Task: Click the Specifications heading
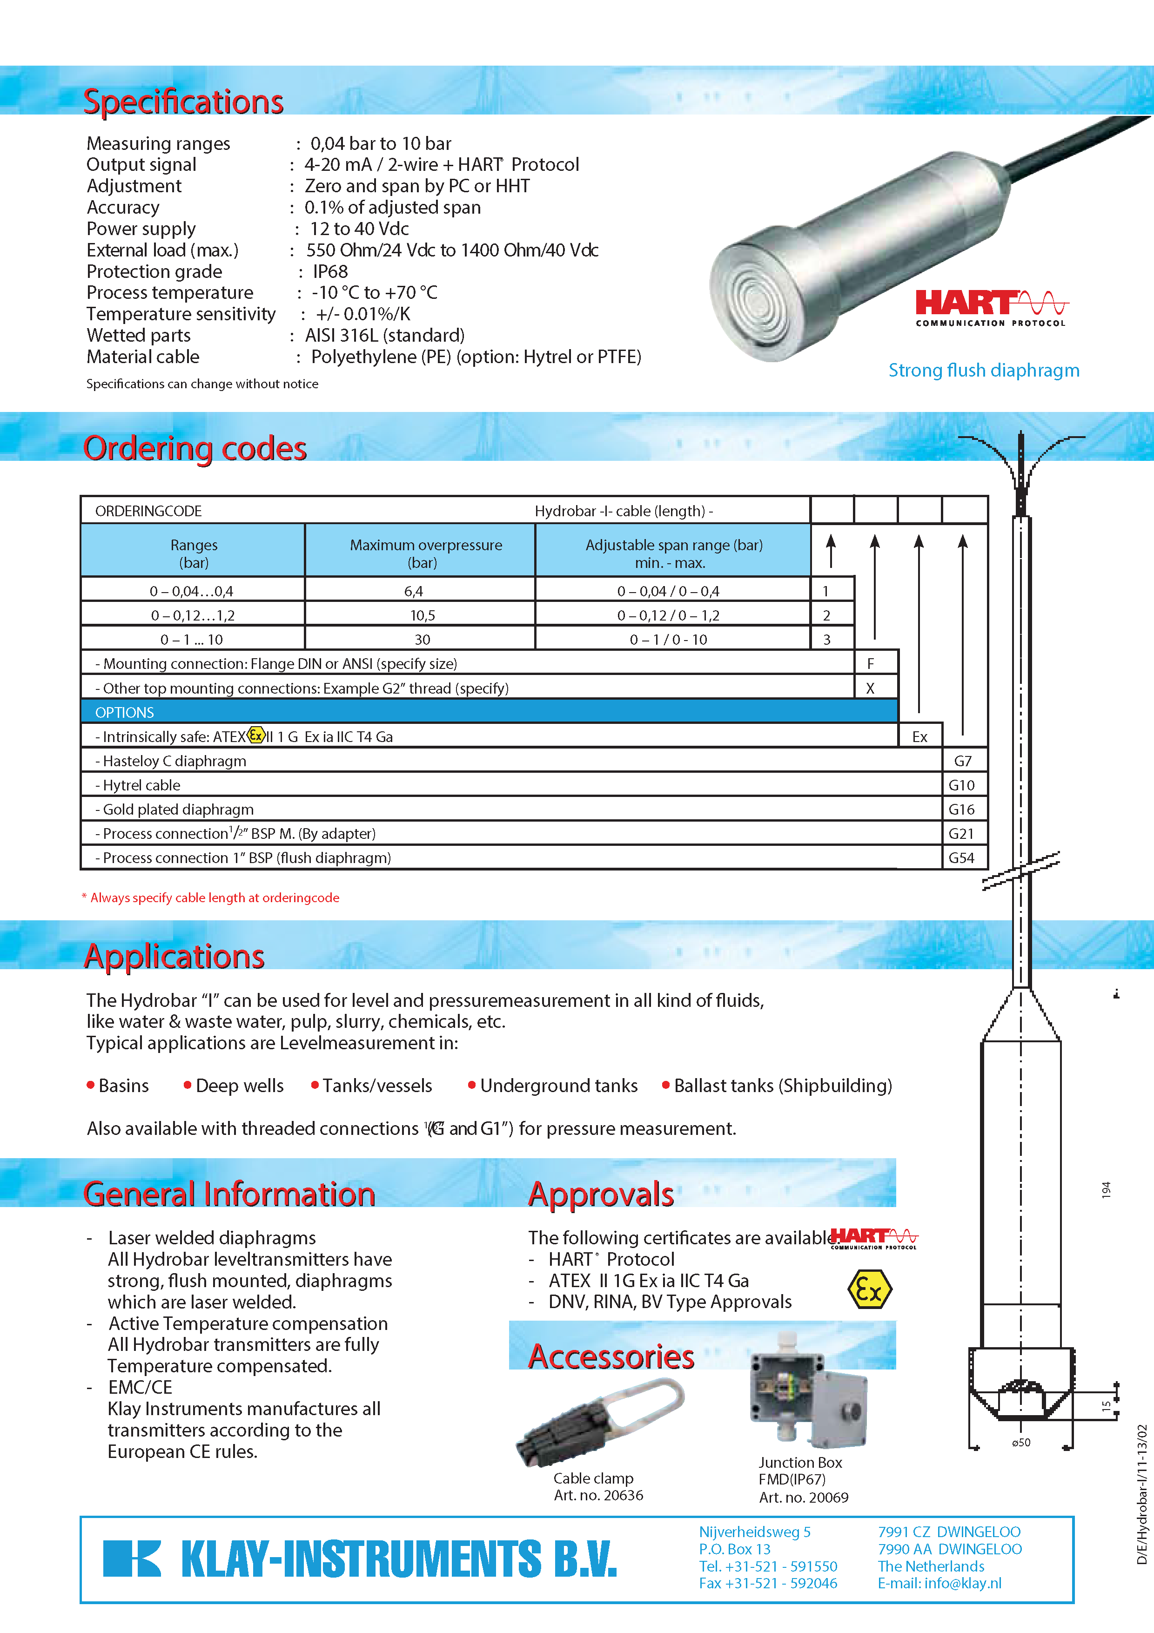183,101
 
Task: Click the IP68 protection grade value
331,272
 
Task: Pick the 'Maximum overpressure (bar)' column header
425,553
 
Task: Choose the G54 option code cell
961,858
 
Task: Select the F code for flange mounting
870,664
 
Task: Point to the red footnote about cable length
211,897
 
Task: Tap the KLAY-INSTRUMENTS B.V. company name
398,1559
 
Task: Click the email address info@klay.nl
939,1583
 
